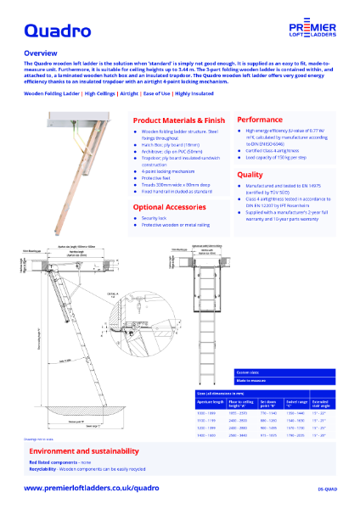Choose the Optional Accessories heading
(172, 206)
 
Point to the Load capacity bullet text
(279, 159)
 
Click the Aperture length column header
(210, 402)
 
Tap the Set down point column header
(269, 402)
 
